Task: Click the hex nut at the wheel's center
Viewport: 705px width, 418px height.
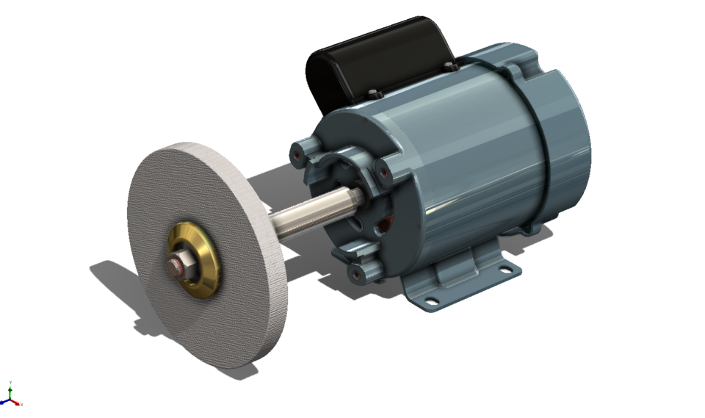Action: coord(183,265)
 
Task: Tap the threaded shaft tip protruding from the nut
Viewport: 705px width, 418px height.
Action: coord(173,268)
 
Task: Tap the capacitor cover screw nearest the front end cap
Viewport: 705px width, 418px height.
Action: coord(374,93)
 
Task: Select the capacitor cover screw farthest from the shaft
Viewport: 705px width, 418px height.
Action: coord(449,67)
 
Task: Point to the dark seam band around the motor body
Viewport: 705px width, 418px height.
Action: coord(544,147)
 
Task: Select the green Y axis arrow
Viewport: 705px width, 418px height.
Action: coord(10,393)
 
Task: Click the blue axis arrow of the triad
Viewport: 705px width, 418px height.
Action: coord(4,403)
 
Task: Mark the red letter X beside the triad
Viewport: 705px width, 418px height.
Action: coord(22,404)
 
